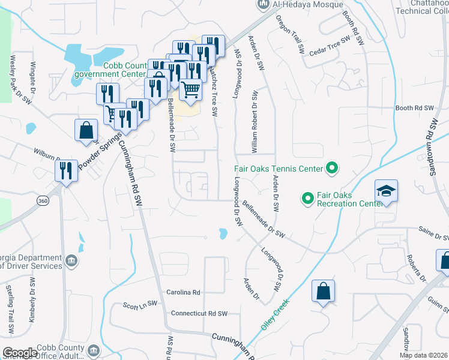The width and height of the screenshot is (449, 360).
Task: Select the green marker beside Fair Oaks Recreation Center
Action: (x=307, y=197)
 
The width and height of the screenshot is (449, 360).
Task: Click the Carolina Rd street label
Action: (x=183, y=292)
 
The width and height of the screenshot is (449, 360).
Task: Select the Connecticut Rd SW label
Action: (x=199, y=313)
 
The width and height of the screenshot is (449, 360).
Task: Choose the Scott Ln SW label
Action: (x=139, y=305)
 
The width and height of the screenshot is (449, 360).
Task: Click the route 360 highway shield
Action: (x=42, y=200)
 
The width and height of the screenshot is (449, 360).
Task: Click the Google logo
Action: (x=20, y=353)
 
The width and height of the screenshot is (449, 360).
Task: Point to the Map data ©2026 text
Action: (x=424, y=355)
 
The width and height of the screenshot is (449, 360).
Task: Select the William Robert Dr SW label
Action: (x=255, y=120)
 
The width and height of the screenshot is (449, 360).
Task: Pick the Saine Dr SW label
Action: (x=434, y=233)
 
